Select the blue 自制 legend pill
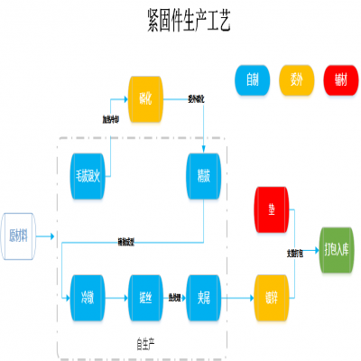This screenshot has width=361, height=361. [x=254, y=80]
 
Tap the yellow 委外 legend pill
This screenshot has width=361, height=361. [x=296, y=80]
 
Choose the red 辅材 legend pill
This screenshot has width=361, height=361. [x=339, y=80]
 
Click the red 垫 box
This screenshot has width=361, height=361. [x=271, y=208]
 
